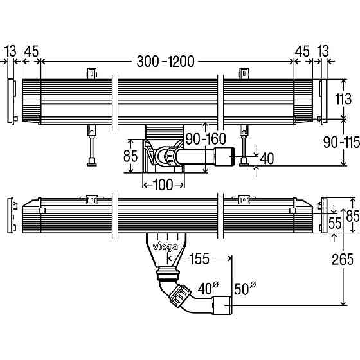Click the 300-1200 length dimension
coord(166,62)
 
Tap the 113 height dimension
coord(343,99)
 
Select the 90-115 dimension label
coord(341,142)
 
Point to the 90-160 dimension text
coord(206,139)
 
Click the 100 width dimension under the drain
coord(163,185)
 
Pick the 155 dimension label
coord(200,258)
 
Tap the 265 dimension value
coord(343,260)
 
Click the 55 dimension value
coord(335,223)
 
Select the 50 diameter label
coord(245,288)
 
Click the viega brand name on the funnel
coord(165,247)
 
